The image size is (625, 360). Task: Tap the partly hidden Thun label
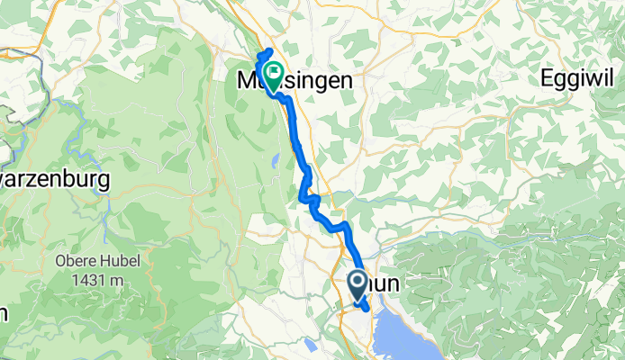click(x=386, y=284)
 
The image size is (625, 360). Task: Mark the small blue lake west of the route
click(x=272, y=162)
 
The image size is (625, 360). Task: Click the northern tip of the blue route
click(x=270, y=49)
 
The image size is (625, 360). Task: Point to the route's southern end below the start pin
click(x=366, y=310)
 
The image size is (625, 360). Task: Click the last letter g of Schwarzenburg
click(x=103, y=181)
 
